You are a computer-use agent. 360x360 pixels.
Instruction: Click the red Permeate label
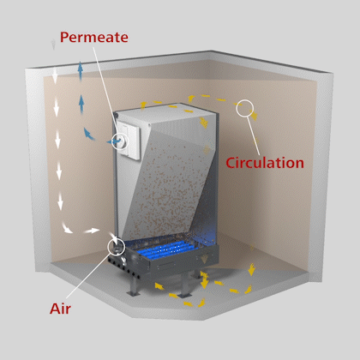[x=94, y=38]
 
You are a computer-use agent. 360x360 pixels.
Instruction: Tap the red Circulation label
[x=265, y=163]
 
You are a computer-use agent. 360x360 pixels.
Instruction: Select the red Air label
[x=60, y=309]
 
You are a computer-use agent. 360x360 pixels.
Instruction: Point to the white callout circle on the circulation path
[x=237, y=108]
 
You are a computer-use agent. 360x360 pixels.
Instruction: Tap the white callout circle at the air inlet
[x=108, y=247]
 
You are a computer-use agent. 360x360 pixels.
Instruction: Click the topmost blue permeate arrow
[x=81, y=70]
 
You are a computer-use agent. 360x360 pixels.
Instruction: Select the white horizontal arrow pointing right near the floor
[x=92, y=231]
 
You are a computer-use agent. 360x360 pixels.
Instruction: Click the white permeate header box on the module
[x=129, y=140]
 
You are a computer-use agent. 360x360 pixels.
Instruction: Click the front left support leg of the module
[x=134, y=285]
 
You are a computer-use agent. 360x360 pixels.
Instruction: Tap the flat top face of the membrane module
[x=165, y=114]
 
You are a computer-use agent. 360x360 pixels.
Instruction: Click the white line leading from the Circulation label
[x=254, y=135]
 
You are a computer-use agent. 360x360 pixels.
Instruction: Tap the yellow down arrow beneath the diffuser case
[x=204, y=280]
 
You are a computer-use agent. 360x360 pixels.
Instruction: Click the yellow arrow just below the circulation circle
[x=253, y=115]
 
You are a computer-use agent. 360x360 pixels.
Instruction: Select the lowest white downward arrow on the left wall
[x=60, y=201]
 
